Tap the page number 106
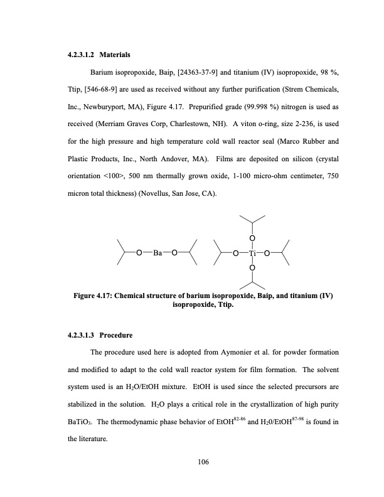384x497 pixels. (201, 462)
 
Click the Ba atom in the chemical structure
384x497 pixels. (159, 254)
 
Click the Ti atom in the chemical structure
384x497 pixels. (252, 254)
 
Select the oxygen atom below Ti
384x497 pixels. (252, 269)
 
